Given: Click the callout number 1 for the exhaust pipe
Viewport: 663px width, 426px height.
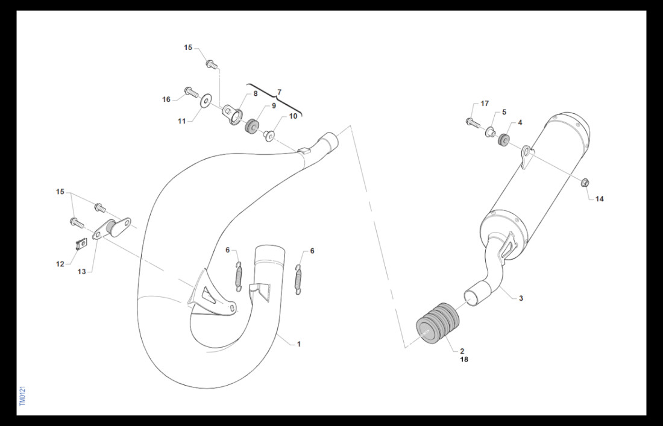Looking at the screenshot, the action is [298, 344].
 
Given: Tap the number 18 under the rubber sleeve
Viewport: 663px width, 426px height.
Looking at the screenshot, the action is [464, 360].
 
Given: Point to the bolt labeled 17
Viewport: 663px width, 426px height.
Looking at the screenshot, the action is [473, 122].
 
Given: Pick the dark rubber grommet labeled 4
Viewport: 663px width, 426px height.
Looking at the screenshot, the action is [503, 140].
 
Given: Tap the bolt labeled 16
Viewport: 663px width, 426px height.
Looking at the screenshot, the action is [191, 92].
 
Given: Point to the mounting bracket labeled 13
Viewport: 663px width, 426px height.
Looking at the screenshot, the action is [112, 228].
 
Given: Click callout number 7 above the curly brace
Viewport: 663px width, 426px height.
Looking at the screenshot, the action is [279, 92].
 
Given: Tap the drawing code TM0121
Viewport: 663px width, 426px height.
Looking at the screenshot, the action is [22, 396].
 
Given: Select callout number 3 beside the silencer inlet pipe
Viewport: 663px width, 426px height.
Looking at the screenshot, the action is [521, 298].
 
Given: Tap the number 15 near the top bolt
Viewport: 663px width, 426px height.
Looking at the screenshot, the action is [187, 48].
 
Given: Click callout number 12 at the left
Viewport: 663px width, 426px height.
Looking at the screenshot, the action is [60, 264].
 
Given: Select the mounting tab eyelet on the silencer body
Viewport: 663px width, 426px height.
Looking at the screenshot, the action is [526, 157].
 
